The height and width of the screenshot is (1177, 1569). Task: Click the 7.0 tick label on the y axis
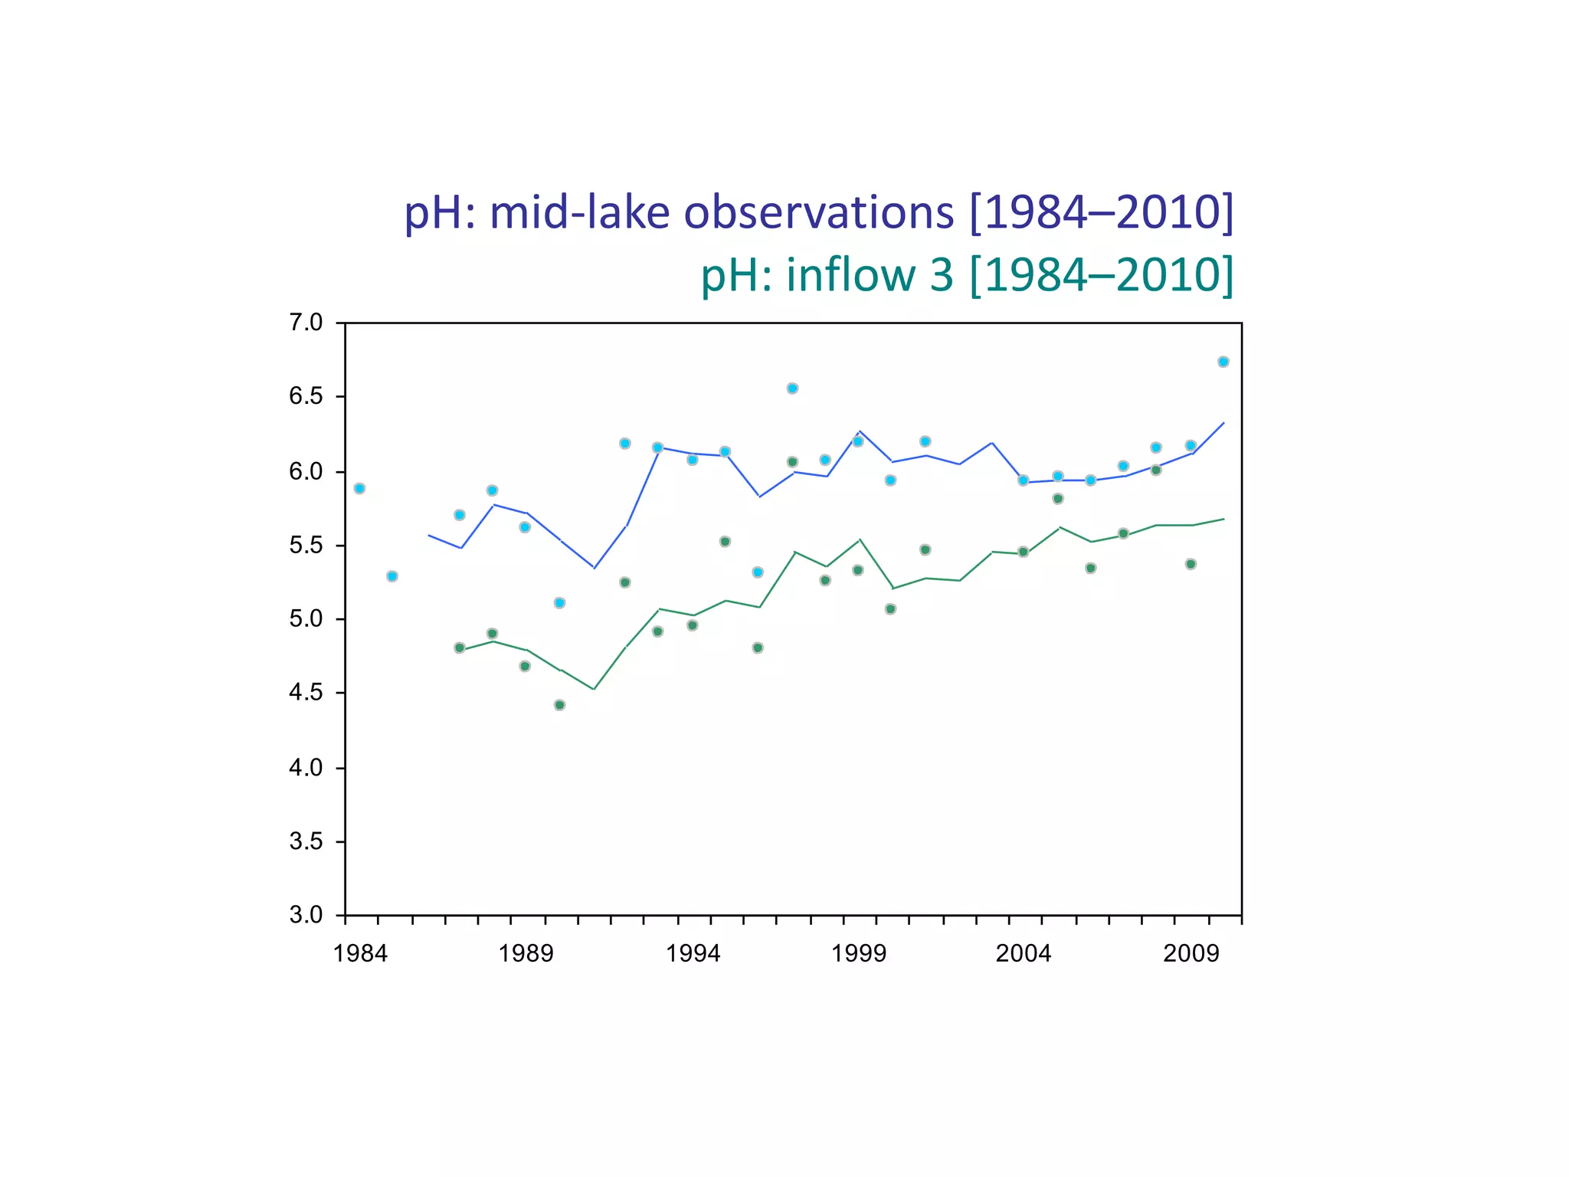point(306,323)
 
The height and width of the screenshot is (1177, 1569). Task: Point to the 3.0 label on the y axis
point(306,915)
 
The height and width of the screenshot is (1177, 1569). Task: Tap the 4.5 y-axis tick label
point(306,693)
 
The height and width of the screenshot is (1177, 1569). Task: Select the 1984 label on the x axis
point(360,954)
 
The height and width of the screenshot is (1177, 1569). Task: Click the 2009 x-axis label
point(1191,954)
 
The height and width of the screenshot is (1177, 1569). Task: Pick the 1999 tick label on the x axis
point(859,954)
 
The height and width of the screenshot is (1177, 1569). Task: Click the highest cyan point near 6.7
point(1223,362)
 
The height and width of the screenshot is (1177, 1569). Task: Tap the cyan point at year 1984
point(359,488)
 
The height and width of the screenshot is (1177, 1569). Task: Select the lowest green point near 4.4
point(559,705)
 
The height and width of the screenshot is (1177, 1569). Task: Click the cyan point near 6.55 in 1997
point(792,389)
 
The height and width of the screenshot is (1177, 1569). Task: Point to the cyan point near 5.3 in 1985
point(392,576)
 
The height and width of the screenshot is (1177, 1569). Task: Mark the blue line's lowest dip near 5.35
point(594,568)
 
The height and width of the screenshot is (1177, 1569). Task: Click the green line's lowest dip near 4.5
point(594,689)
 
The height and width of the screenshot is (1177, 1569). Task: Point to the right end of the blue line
point(1223,423)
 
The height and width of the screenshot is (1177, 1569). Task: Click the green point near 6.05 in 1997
point(792,462)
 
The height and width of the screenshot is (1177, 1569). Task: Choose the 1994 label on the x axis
point(693,954)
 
